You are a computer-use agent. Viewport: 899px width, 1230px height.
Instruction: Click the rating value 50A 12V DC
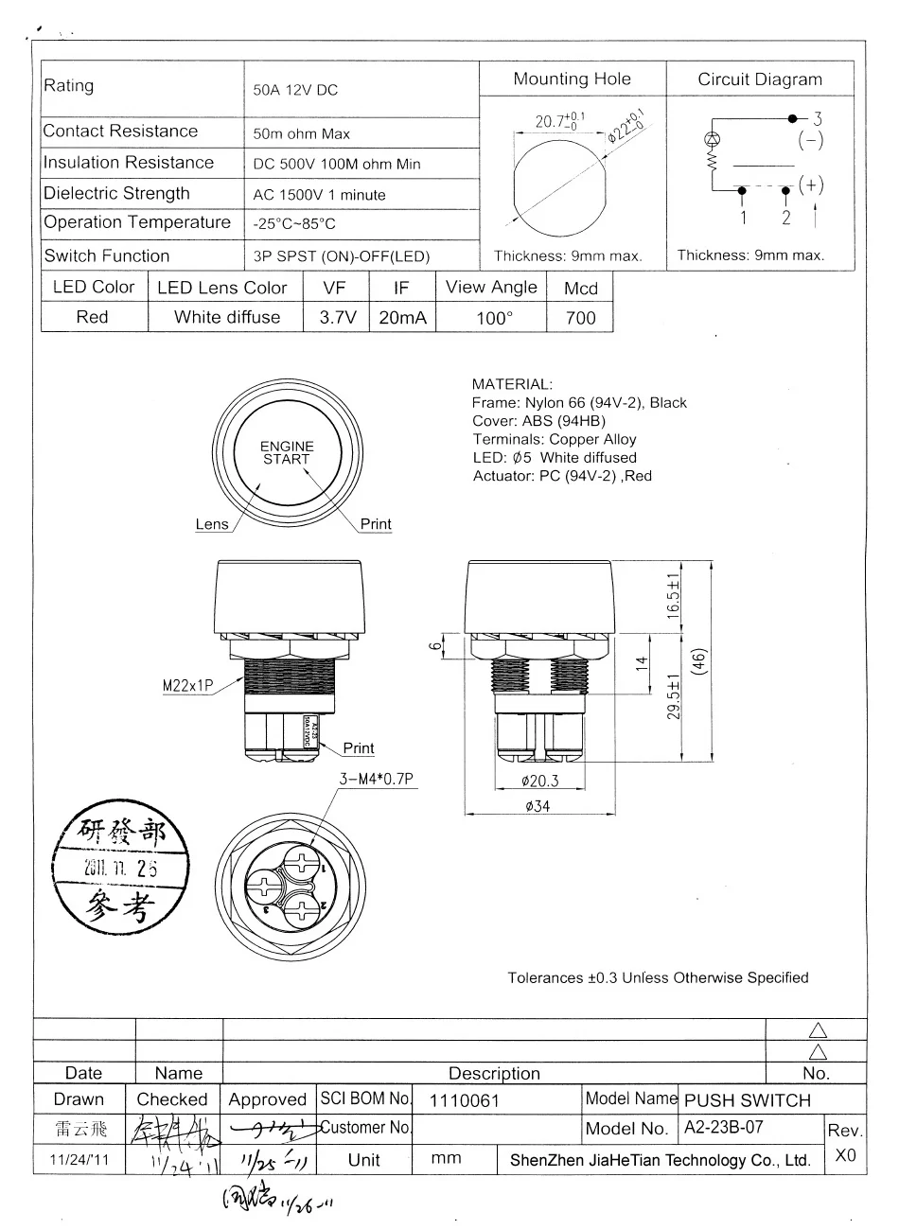coord(295,91)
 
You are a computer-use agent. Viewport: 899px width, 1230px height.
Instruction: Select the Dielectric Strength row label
coord(117,194)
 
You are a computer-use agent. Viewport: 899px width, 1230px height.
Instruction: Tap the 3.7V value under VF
coord(337,318)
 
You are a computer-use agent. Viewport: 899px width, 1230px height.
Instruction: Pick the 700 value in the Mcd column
coord(580,318)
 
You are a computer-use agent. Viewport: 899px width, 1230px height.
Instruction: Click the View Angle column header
coord(491,288)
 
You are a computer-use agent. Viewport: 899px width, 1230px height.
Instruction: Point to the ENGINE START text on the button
coord(287,452)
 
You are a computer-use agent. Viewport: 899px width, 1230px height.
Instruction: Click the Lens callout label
coord(212,524)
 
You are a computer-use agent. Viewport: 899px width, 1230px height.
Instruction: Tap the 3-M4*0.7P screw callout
coord(378,779)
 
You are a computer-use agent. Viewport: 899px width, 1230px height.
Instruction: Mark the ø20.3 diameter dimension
coord(539,781)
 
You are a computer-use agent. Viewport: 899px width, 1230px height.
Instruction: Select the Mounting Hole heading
coord(572,79)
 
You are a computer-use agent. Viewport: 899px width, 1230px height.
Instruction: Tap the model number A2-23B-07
coord(723,1128)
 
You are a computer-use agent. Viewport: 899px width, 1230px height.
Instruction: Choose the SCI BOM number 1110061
coord(464,1100)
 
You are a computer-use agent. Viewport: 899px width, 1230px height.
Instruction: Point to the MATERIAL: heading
coord(511,385)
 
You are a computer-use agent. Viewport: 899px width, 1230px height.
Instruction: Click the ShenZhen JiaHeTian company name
coord(660,1160)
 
